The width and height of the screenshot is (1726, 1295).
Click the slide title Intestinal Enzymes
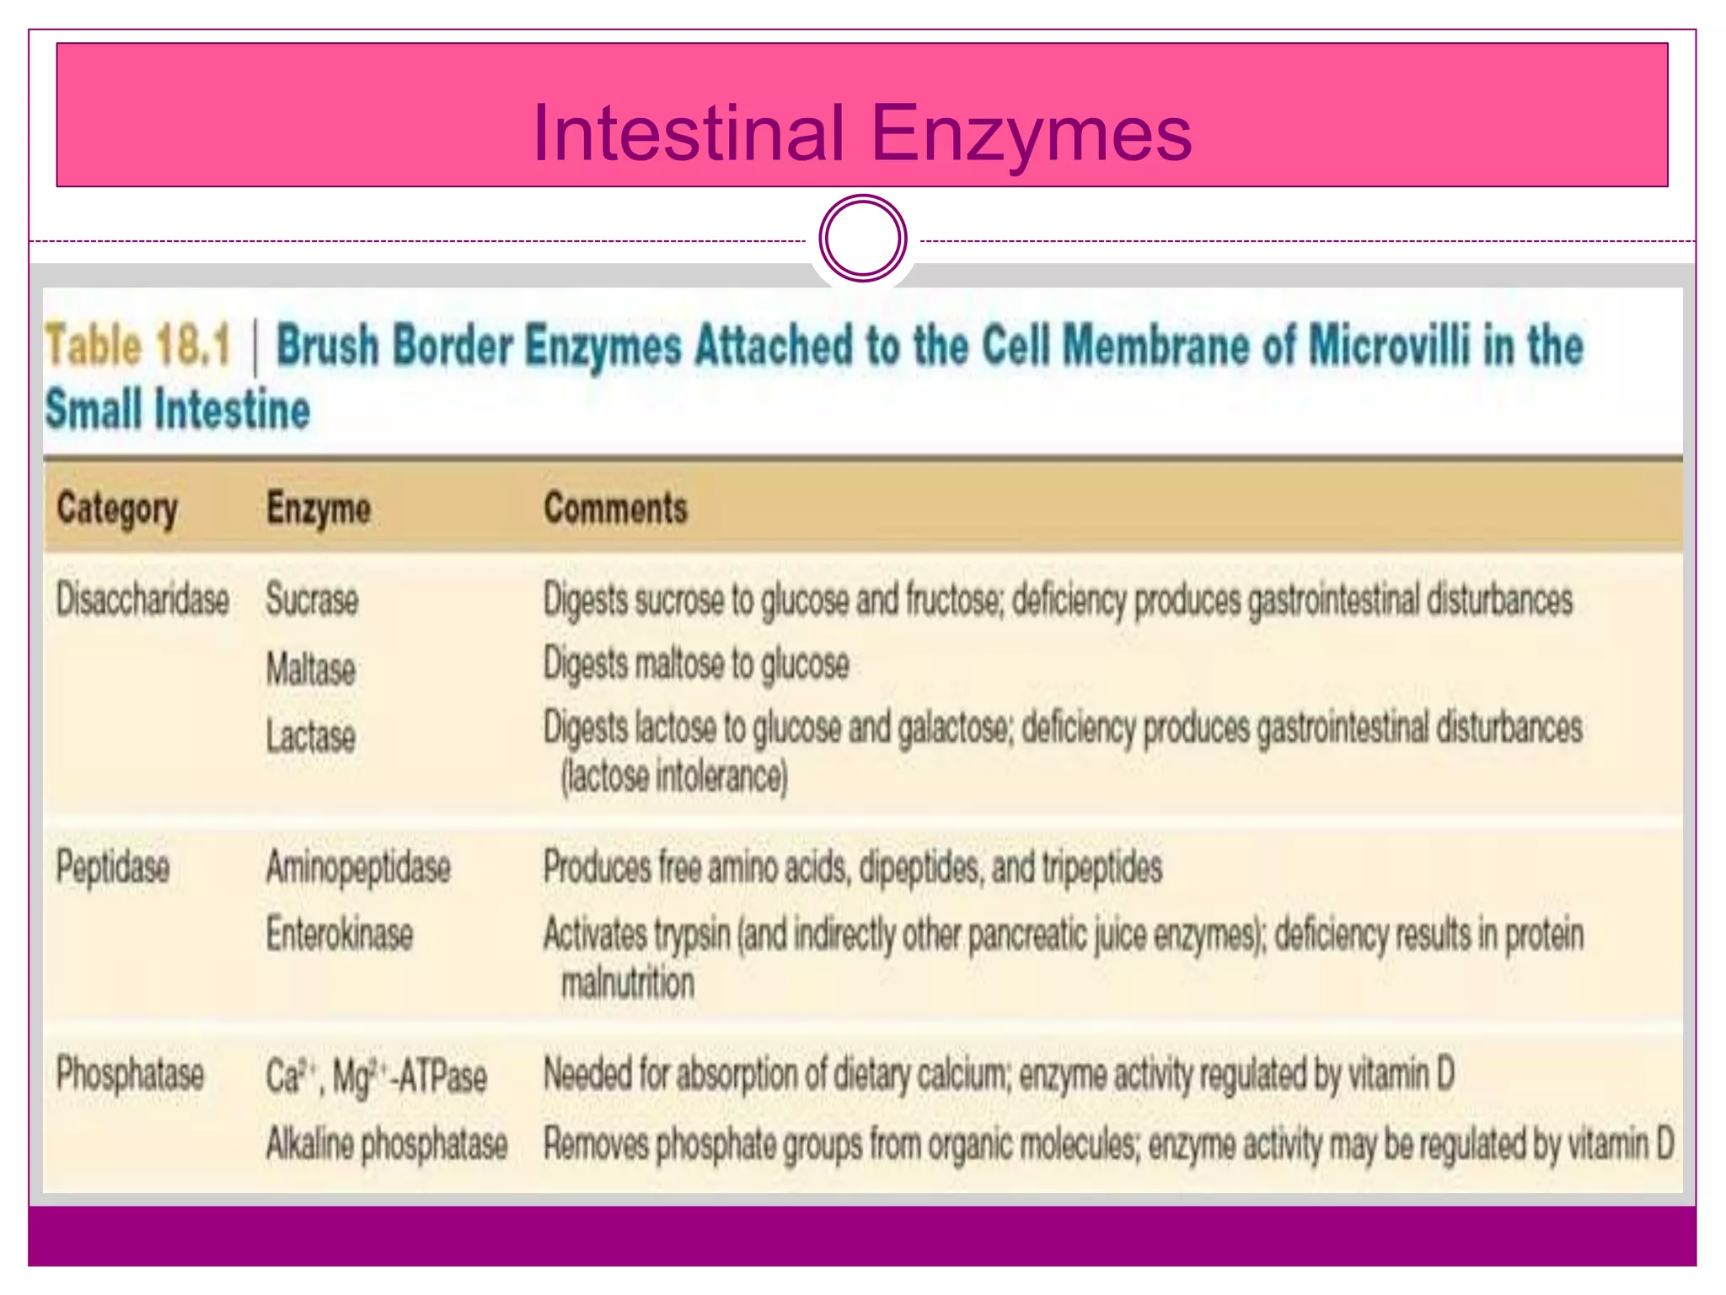pos(862,132)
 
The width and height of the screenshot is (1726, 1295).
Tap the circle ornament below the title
pos(862,239)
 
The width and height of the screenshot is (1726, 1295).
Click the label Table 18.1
pos(137,345)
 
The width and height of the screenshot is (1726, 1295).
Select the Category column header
pos(117,509)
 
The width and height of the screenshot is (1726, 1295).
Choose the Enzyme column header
pos(319,509)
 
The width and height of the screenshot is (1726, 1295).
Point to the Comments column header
pos(615,508)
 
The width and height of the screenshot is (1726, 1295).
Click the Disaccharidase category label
pos(142,600)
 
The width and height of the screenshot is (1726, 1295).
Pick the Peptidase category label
pos(113,868)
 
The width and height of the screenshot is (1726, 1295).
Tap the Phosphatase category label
pos(130,1075)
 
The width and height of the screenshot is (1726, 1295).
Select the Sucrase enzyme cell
pos(312,600)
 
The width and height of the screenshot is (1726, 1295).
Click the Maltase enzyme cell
pos(311,669)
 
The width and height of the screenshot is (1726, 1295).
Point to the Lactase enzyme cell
pos(311,736)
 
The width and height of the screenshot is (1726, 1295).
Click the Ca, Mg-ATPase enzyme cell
pos(376,1077)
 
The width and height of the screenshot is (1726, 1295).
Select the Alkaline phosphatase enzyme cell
pos(387,1145)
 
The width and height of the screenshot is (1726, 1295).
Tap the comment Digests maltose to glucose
pos(696,664)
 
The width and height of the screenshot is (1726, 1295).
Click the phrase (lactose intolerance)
pos(674,776)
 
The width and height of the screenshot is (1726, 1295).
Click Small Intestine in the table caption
pos(178,410)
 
